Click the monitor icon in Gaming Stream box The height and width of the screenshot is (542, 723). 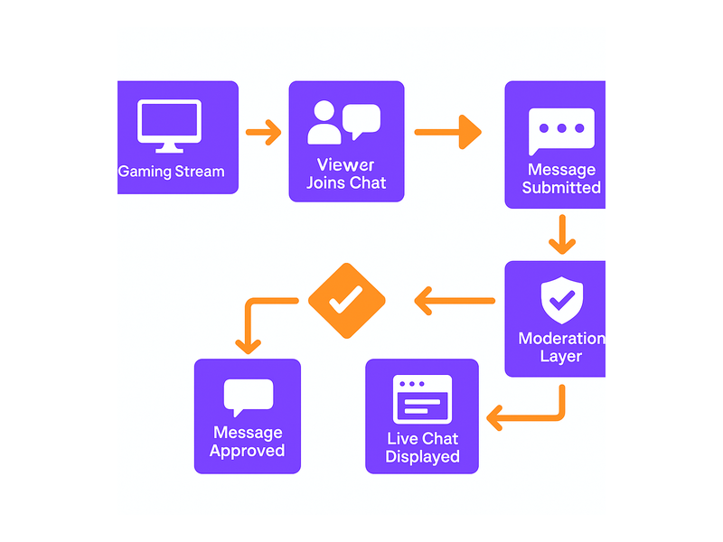(x=168, y=125)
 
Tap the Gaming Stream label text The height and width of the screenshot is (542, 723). (x=172, y=171)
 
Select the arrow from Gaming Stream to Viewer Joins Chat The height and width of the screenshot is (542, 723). (x=263, y=133)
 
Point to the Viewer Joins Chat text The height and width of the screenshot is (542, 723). (x=346, y=173)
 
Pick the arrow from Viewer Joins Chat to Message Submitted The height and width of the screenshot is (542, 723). (x=447, y=132)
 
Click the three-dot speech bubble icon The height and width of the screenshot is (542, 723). (x=561, y=131)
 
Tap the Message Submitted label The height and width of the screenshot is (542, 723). (x=561, y=179)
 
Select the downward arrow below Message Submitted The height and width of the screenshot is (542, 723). (x=562, y=235)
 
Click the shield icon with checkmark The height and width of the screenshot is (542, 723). (x=561, y=300)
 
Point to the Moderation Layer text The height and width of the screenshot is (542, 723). (x=561, y=347)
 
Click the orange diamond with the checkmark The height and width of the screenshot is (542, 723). (x=347, y=301)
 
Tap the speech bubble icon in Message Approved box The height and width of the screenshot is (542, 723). (x=248, y=397)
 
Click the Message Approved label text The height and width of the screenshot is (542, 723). (x=248, y=442)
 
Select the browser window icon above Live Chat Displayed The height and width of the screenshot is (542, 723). (x=422, y=399)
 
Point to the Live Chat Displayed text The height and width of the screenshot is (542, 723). (x=422, y=448)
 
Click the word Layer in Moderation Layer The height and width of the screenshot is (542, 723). (x=561, y=357)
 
